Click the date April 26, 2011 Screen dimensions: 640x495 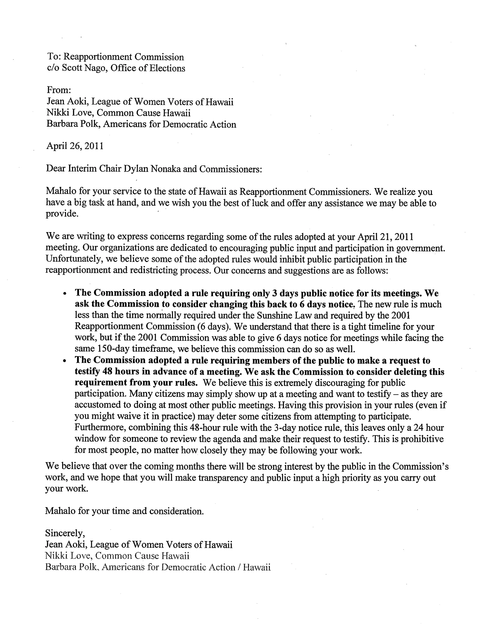click(75, 146)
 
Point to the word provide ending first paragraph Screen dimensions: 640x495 click(62, 214)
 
